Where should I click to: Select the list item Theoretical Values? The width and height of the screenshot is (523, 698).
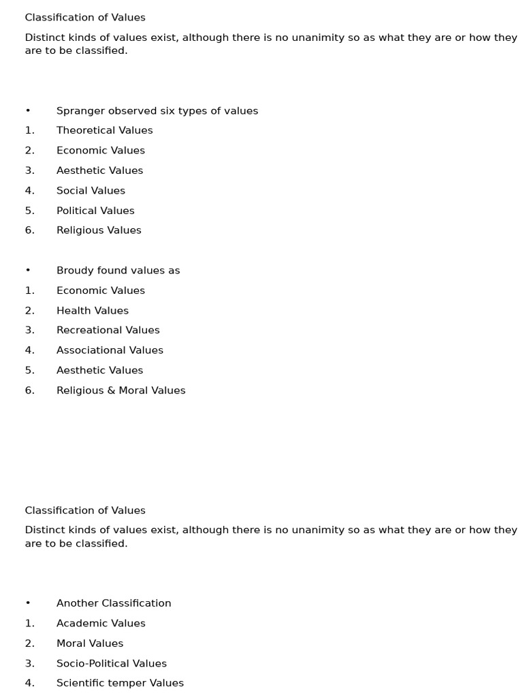104,130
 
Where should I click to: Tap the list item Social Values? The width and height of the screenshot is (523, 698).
91,191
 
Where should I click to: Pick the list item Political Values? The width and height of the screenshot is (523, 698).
95,211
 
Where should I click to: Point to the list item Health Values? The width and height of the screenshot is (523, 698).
92,311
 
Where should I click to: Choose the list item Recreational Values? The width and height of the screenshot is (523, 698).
108,330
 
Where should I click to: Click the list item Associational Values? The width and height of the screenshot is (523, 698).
110,350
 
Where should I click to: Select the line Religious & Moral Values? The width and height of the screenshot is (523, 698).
121,391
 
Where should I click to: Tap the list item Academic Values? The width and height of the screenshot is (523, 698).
101,623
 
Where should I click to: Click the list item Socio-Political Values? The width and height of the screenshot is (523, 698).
111,663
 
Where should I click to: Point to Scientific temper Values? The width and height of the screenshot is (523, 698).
120,683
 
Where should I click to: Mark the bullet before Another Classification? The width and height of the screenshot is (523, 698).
28,603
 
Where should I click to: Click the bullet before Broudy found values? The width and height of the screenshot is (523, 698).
28,271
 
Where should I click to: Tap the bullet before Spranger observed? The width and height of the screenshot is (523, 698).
28,111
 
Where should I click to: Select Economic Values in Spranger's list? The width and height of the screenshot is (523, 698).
100,151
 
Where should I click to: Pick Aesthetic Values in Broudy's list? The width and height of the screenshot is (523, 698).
99,370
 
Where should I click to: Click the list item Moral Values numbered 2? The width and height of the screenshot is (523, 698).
90,643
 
